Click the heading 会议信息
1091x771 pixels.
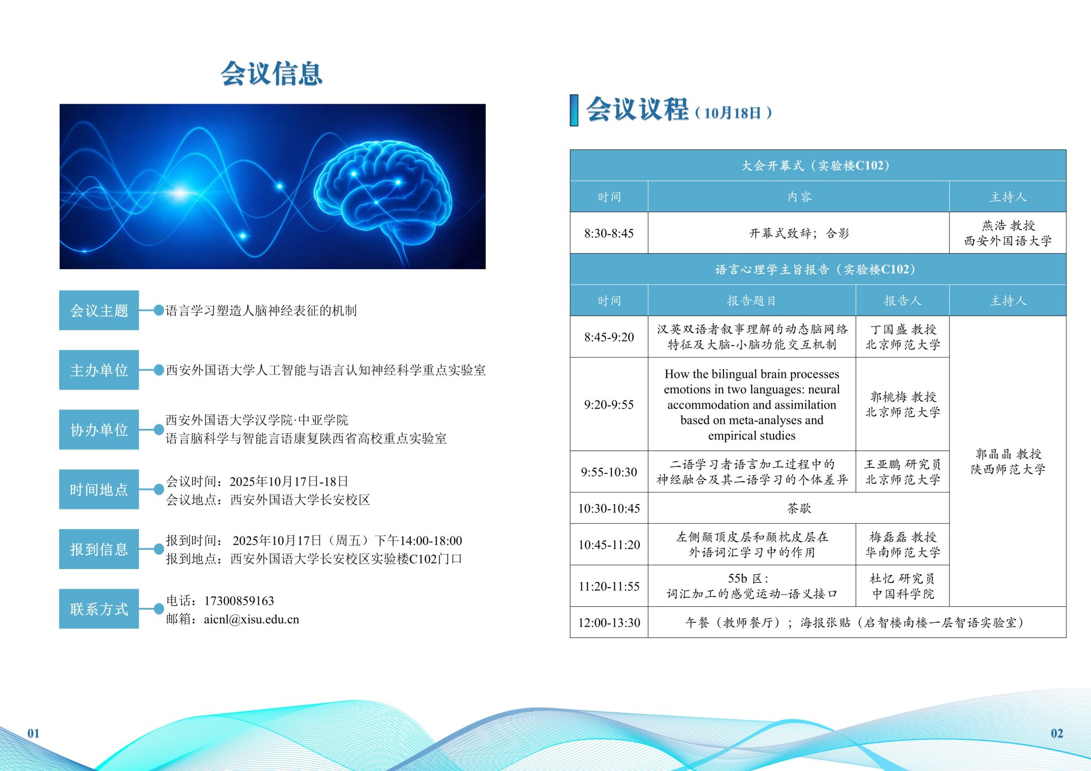(272, 74)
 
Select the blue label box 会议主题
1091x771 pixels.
(99, 310)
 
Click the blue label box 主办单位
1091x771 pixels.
(99, 370)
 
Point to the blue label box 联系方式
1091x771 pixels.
(99, 608)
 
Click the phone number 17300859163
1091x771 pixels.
(239, 601)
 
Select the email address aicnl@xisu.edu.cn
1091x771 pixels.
(251, 620)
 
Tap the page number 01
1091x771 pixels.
(34, 733)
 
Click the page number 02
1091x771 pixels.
(1057, 733)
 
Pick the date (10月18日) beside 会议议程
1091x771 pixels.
(734, 113)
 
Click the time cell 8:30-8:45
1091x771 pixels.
(609, 233)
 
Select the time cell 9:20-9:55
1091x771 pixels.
(609, 404)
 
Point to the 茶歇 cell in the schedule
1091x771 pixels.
(799, 508)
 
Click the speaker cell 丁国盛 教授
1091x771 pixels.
(902, 337)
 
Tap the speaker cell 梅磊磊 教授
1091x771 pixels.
(902, 545)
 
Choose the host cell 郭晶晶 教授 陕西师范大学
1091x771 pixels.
(1008, 461)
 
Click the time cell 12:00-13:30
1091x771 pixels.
(609, 622)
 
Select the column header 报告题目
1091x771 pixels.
(752, 301)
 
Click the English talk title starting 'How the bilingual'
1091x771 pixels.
(752, 404)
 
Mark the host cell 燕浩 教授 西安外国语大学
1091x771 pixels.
(1008, 233)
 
